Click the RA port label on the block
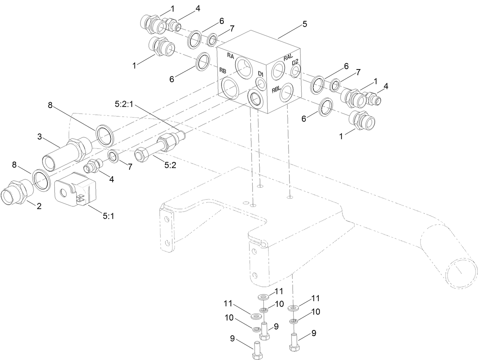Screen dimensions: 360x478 click(231, 55)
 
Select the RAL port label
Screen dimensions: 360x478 click(288, 58)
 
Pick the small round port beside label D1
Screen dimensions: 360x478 click(260, 84)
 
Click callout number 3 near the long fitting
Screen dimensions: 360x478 click(40, 137)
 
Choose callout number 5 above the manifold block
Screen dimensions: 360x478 click(304, 24)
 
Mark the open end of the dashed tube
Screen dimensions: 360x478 click(461, 271)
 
